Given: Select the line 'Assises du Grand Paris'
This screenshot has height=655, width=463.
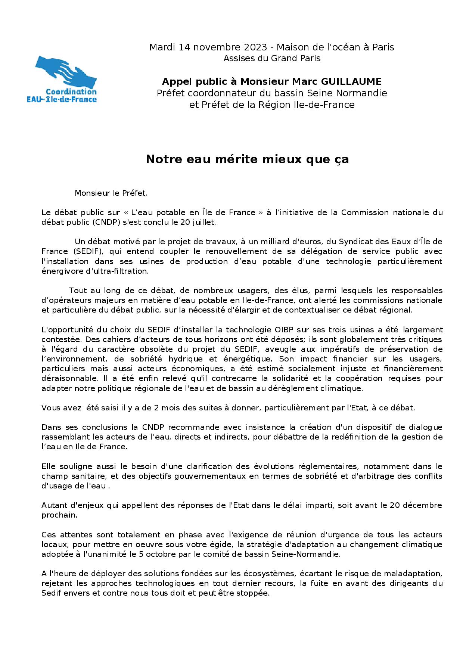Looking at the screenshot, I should point(271,58).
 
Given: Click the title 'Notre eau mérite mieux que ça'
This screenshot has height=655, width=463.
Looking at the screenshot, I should point(247,159).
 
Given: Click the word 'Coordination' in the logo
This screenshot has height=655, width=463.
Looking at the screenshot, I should point(71,91).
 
